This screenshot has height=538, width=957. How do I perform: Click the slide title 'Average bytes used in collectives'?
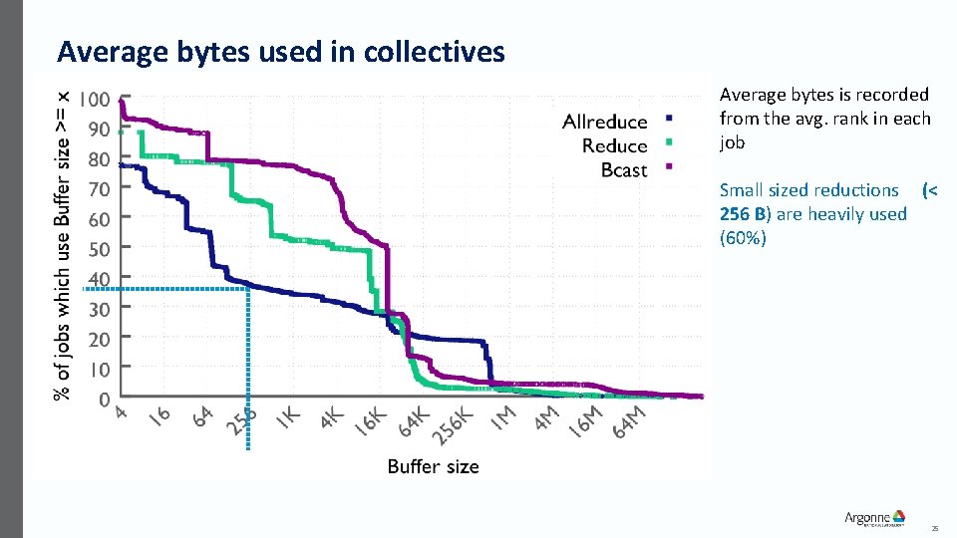[x=281, y=52]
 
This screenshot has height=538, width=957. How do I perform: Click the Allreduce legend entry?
[x=605, y=123]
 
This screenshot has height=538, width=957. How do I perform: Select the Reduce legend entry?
[x=614, y=146]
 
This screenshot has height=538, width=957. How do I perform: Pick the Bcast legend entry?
[x=624, y=170]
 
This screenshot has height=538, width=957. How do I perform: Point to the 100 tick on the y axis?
[x=96, y=100]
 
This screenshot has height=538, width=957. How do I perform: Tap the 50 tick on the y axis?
[x=99, y=249]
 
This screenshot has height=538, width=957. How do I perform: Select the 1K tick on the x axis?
[x=288, y=417]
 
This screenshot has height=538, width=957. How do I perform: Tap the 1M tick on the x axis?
[x=503, y=416]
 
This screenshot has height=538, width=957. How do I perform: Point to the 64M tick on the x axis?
[x=630, y=419]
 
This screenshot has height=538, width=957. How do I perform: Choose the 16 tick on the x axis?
[x=159, y=414]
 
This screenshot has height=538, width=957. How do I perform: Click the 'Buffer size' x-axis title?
[x=433, y=466]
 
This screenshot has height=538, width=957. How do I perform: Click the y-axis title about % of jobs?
[x=62, y=244]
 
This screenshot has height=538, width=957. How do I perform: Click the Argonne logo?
[x=874, y=517]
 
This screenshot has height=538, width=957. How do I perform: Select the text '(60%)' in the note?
[x=743, y=238]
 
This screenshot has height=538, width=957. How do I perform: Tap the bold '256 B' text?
[x=742, y=214]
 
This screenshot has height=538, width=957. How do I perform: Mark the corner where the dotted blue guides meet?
[x=247, y=289]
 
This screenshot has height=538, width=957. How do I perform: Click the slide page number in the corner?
[x=934, y=528]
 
